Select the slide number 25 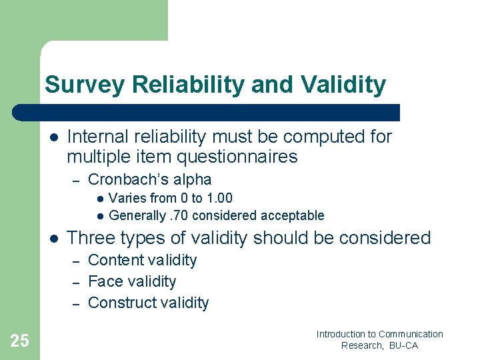click(x=20, y=341)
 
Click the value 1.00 click(x=219, y=198)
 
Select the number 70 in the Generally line click(x=179, y=215)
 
